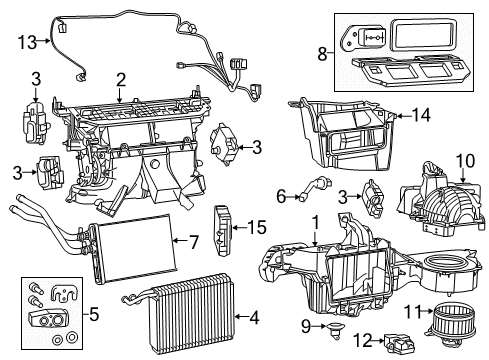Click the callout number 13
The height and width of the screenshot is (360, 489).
coord(28,42)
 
